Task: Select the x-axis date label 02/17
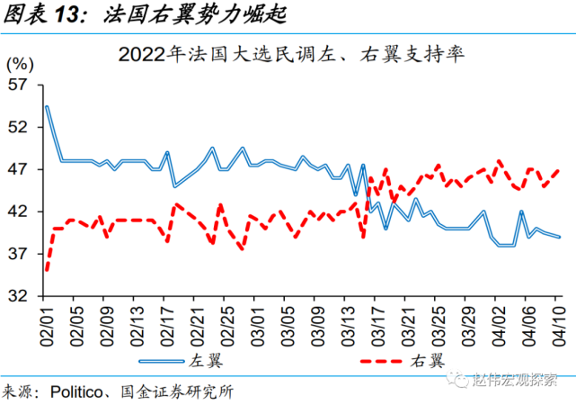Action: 167,321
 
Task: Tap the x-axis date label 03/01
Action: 258,321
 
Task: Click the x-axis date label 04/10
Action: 558,321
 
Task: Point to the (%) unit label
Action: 20,65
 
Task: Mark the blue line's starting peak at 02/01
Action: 47,107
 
